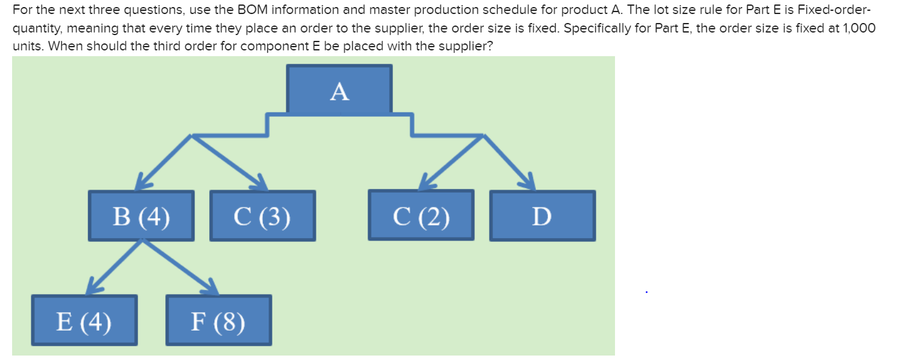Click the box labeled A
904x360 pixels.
point(339,90)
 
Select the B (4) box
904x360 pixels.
point(141,216)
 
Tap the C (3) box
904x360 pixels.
point(263,216)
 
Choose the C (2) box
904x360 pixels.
point(421,216)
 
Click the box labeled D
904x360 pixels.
point(542,216)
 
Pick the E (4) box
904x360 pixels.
point(84,320)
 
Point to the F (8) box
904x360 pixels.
point(218,320)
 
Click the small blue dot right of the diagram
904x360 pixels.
point(646,293)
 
